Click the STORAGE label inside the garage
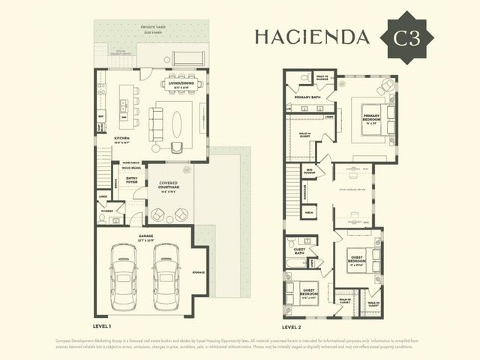pos(198,272)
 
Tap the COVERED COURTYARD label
pos(167,187)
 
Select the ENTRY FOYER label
pos(132,180)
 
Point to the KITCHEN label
pos(123,138)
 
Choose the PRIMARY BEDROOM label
pos(372,118)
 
